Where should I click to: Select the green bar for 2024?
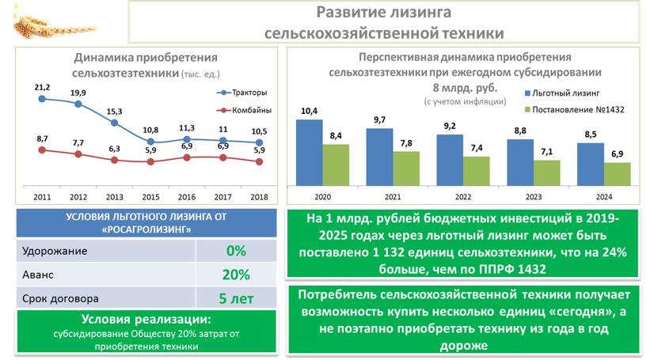click(x=618, y=173)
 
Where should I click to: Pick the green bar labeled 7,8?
click(x=407, y=168)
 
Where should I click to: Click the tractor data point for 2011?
click(x=41, y=99)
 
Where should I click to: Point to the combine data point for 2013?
click(x=115, y=159)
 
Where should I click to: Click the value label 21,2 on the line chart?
click(x=42, y=86)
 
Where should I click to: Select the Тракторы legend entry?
click(x=241, y=93)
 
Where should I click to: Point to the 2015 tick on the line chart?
click(x=150, y=196)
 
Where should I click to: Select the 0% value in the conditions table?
click(x=236, y=251)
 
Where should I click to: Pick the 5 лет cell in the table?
click(x=236, y=299)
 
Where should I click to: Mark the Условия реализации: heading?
click(x=146, y=320)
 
